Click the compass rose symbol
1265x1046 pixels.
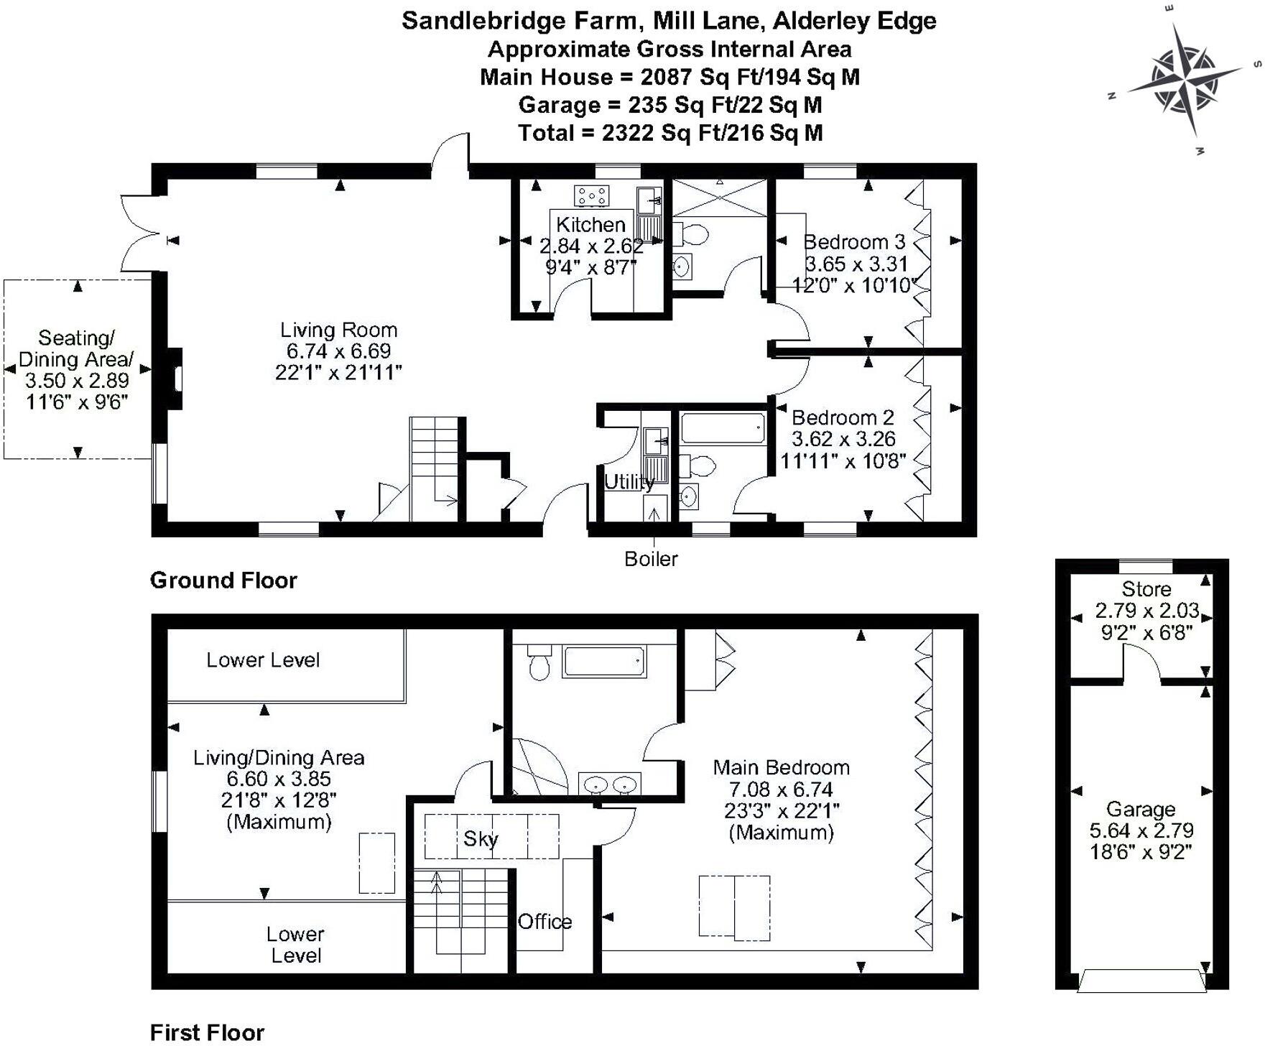(1185, 78)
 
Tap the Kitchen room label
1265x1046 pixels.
(590, 224)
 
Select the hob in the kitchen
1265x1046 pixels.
(591, 195)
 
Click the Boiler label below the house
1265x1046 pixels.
(651, 559)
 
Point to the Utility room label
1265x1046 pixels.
(629, 482)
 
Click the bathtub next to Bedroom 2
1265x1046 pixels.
(723, 428)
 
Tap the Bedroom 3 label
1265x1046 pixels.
(854, 242)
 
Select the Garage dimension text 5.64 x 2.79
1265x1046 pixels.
(1141, 830)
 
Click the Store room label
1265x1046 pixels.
(1146, 589)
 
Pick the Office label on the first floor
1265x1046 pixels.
(545, 922)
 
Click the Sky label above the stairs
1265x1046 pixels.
(481, 838)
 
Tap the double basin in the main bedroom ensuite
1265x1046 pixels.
(609, 784)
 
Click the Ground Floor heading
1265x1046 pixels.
(223, 580)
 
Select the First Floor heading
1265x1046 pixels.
(207, 1032)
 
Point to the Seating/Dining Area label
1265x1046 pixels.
(76, 348)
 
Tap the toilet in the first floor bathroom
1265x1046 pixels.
(539, 664)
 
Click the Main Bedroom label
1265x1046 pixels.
(781, 767)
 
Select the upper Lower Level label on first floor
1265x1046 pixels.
(263, 659)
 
